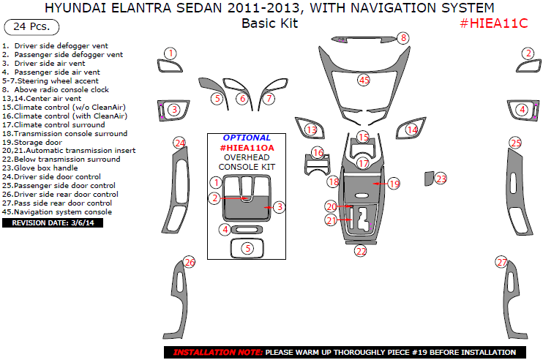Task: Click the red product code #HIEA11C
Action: click(x=493, y=23)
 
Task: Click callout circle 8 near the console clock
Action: click(x=403, y=38)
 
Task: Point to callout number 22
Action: click(x=360, y=251)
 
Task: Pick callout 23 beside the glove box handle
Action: click(x=441, y=179)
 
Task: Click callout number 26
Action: click(x=190, y=262)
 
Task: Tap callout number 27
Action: click(x=501, y=262)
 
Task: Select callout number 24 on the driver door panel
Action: click(x=179, y=142)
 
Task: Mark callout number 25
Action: click(x=516, y=143)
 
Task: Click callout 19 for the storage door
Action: click(x=394, y=184)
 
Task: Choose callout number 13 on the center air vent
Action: click(x=312, y=130)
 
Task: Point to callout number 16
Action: click(x=317, y=153)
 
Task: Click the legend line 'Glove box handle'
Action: click(x=45, y=168)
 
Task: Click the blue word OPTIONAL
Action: click(x=247, y=138)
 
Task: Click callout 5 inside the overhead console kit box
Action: click(x=247, y=248)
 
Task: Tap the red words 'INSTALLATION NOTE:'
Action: click(x=218, y=352)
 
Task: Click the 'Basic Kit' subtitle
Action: click(x=270, y=23)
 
